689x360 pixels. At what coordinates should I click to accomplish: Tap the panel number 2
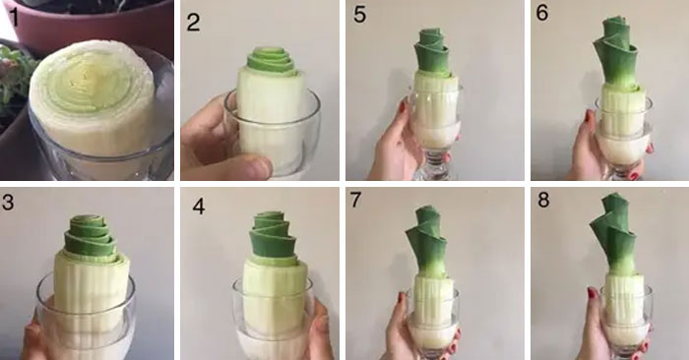(193, 22)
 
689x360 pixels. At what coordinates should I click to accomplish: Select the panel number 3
(8, 203)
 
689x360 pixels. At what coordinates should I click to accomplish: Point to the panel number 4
(199, 206)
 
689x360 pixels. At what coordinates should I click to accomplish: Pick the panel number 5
(359, 14)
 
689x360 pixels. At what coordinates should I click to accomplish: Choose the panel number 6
(542, 13)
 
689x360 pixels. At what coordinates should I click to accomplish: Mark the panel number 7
(355, 200)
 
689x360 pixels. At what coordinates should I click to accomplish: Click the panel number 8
(543, 200)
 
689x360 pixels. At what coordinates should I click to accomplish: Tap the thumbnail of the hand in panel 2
(259, 167)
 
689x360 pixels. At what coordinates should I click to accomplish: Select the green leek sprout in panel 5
(432, 50)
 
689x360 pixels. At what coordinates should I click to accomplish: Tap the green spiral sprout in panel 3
(91, 236)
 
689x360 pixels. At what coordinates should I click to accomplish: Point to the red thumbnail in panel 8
(592, 292)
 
